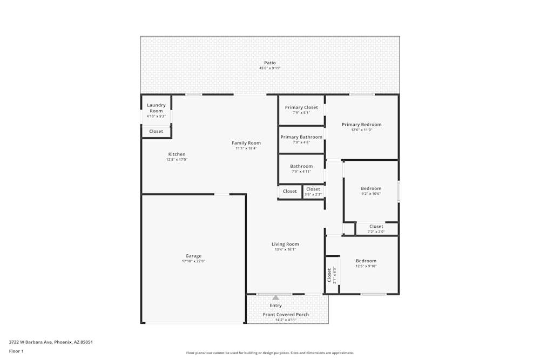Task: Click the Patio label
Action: coord(269,63)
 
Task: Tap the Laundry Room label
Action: coord(156,108)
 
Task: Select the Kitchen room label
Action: coord(177,154)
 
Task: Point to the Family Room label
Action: coord(246,143)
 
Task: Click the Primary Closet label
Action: coord(301,107)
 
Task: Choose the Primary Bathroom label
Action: coord(301,137)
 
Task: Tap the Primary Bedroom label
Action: coord(361,125)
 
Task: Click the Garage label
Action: coord(193,256)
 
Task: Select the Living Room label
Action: coord(285,244)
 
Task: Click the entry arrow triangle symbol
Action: coord(276,297)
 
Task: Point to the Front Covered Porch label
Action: coord(286,315)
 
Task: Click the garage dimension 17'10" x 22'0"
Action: coord(193,261)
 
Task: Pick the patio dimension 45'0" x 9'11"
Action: coord(269,69)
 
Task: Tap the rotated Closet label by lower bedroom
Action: coord(329,275)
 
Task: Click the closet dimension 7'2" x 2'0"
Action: coord(376,232)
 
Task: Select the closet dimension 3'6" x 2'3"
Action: coord(313,194)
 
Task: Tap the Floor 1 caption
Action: coord(16,351)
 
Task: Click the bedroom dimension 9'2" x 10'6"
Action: coord(371,194)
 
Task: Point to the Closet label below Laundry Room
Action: coord(156,131)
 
